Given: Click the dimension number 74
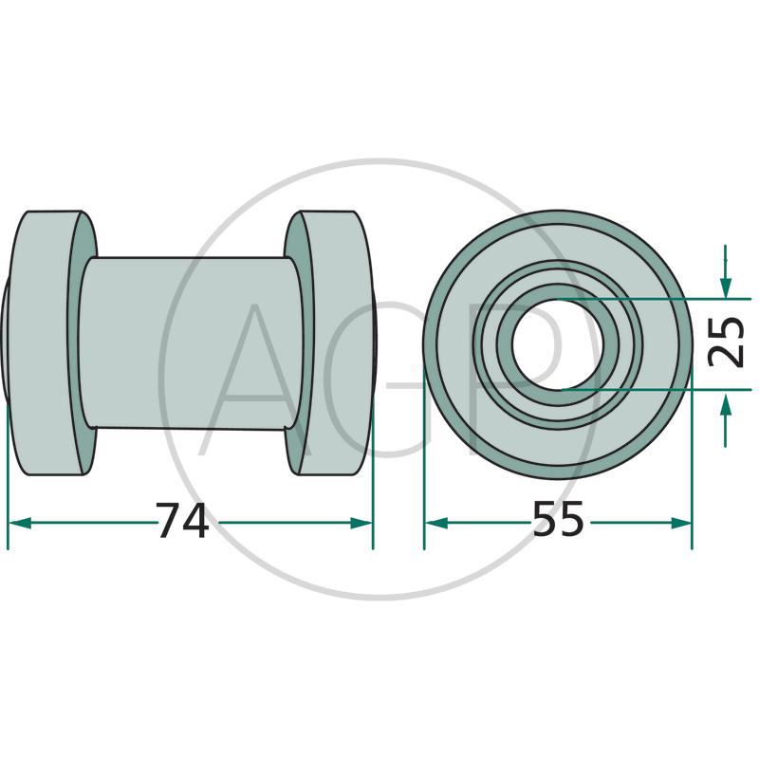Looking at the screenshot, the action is [182, 520].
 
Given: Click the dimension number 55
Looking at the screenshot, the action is [558, 518].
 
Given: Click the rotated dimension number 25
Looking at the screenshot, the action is [725, 342].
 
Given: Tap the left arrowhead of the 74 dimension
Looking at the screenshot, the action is [20, 523].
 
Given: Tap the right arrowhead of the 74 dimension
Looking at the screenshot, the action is [361, 523].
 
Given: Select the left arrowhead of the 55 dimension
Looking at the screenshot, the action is [436, 523].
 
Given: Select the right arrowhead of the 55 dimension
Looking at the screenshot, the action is [680, 523].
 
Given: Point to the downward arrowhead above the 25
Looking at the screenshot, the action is [725, 287].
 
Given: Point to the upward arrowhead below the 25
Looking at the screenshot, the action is [725, 400].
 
